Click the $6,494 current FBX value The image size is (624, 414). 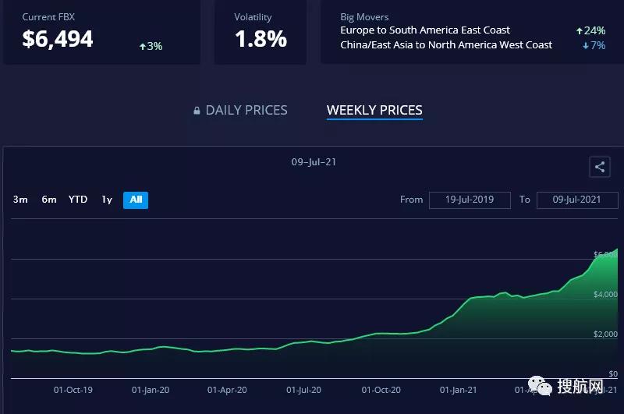58,39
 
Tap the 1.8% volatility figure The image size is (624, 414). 261,39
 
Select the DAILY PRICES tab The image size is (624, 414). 246,111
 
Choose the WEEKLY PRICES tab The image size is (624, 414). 374,111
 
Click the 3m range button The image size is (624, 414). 20,200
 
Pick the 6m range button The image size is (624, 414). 49,200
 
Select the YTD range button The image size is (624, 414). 78,200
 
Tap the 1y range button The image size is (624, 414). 107,200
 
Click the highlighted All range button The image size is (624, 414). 136,200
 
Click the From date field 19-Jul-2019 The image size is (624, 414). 470,200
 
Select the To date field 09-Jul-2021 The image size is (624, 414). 576,200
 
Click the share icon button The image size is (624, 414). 599,167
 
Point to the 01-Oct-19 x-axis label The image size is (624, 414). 73,390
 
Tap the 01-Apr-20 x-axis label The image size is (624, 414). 228,390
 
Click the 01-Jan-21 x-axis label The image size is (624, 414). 459,390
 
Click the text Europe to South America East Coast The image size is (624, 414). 425,30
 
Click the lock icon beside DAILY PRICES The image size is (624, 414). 197,111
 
